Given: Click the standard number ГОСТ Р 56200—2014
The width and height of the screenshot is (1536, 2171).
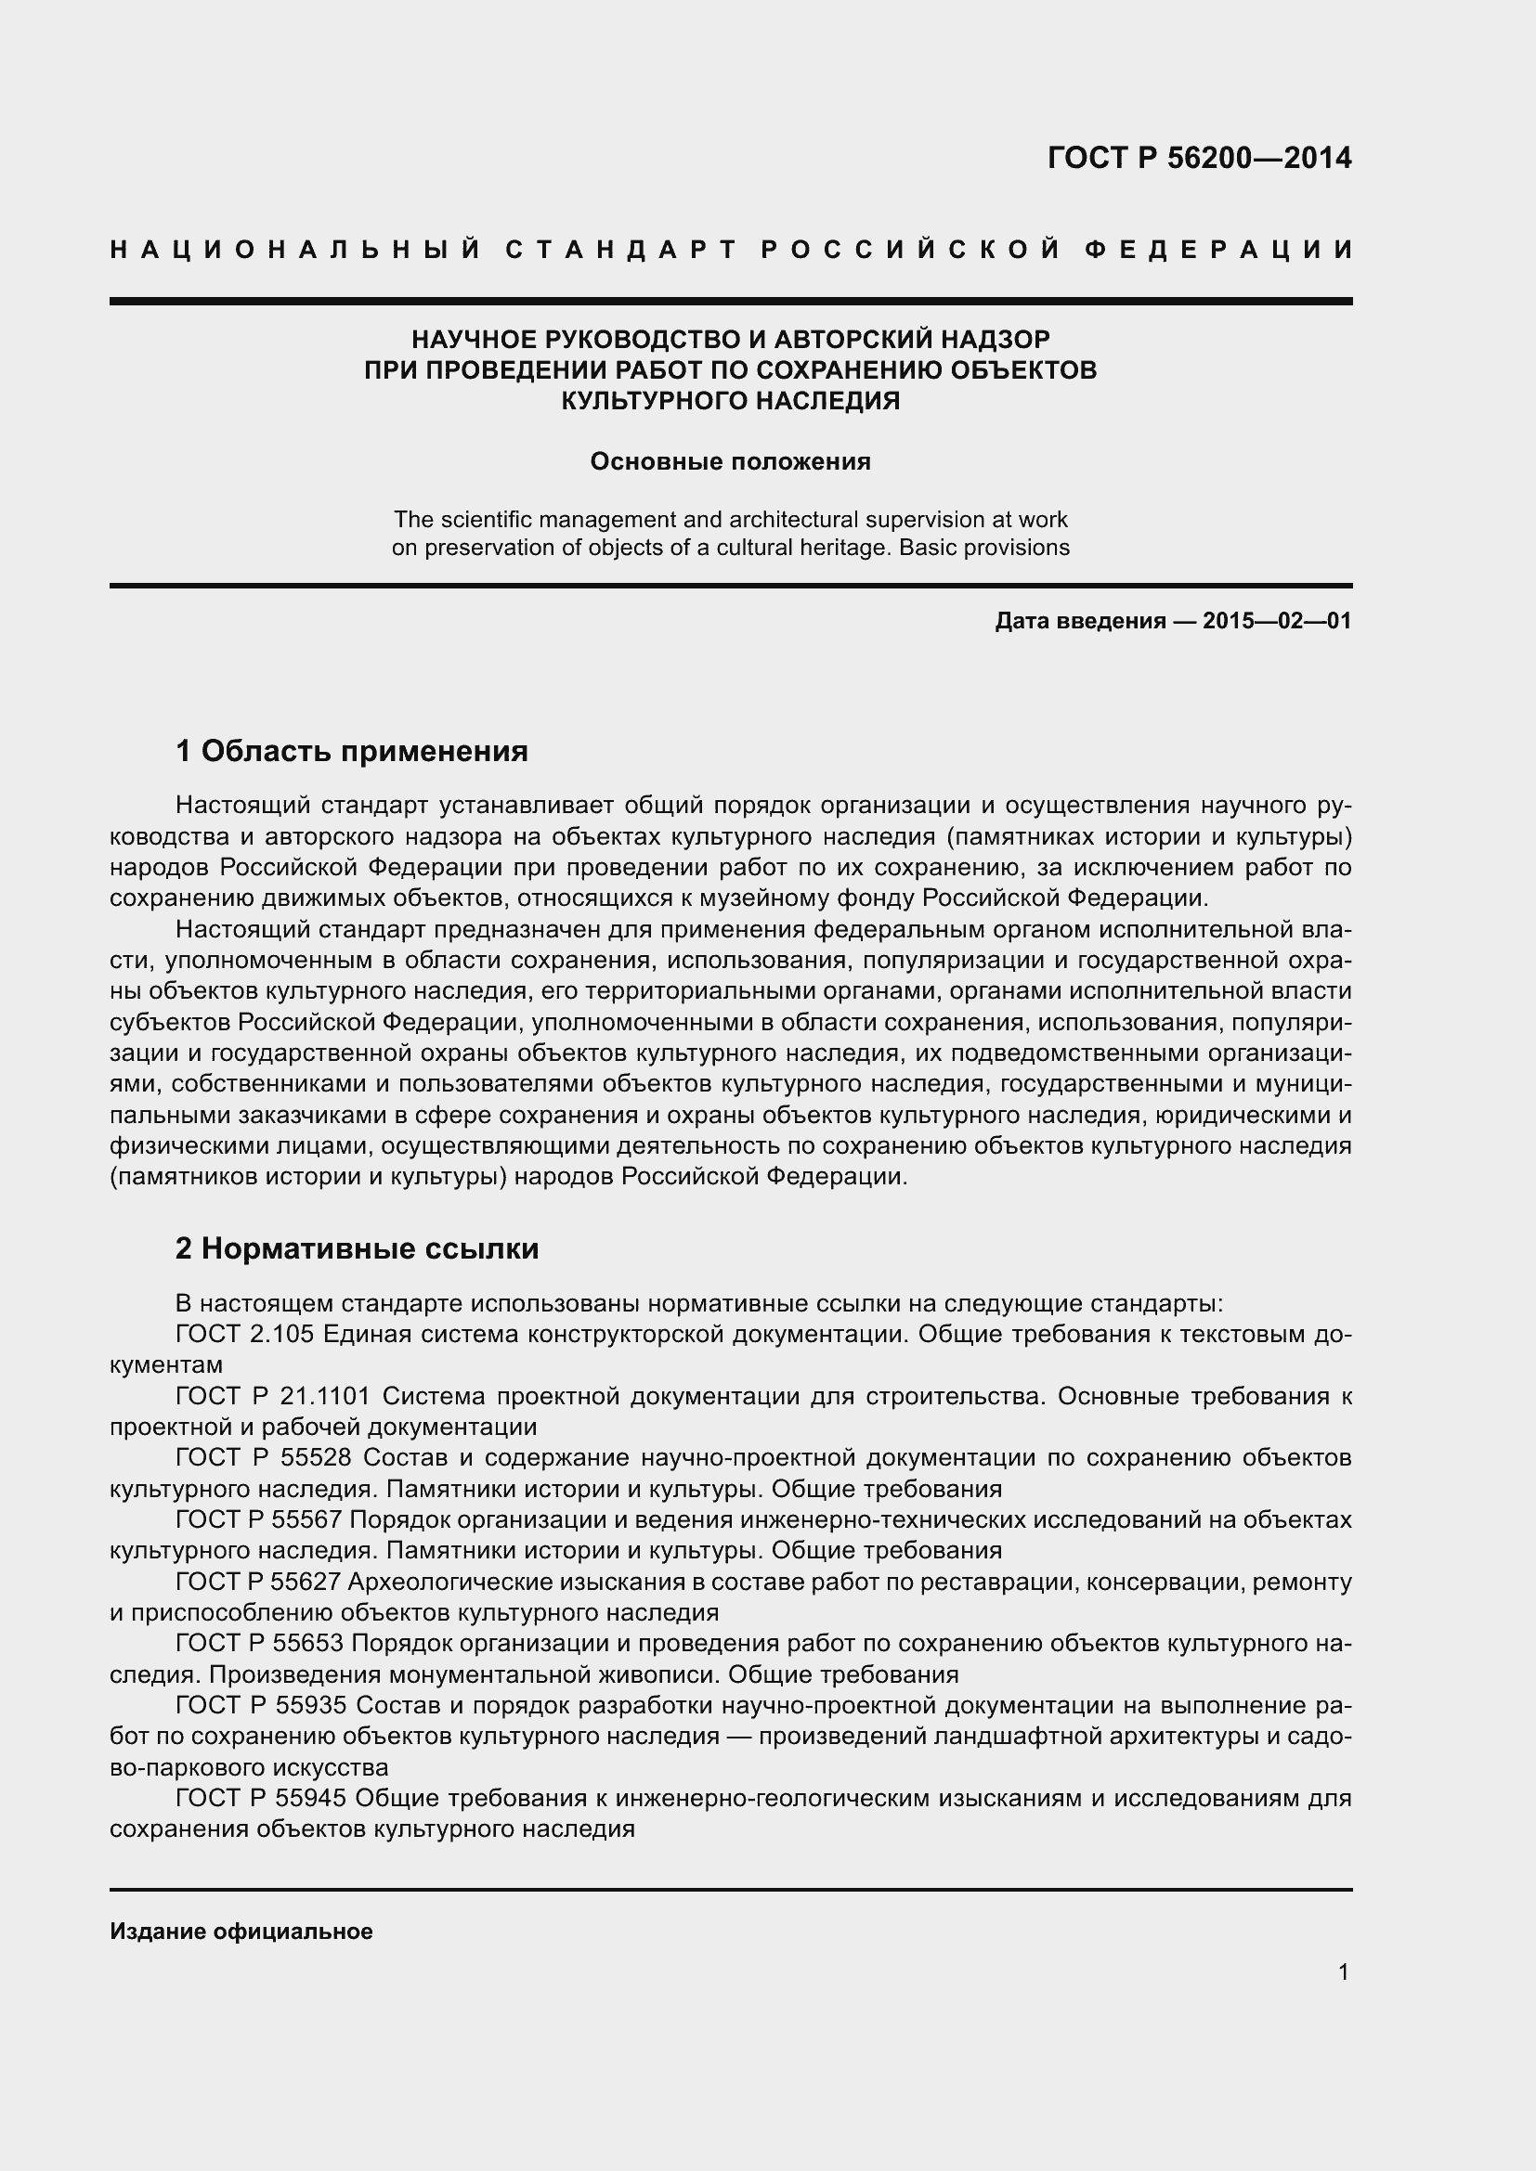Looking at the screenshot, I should [1199, 158].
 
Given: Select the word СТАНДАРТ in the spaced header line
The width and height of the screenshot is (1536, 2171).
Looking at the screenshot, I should [620, 250].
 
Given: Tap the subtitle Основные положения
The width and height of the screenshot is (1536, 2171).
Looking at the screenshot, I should [730, 461].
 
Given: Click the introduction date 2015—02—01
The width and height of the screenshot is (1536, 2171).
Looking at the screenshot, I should [1277, 621].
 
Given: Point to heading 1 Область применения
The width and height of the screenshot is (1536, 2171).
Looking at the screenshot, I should [352, 752].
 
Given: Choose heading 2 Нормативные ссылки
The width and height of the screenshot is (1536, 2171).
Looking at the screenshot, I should [358, 1249].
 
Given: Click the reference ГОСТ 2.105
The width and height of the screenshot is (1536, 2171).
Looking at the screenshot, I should [249, 1334].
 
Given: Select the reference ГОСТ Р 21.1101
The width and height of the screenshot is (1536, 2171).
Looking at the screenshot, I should [278, 1396].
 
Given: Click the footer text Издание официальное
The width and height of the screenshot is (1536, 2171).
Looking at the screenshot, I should [241, 1932].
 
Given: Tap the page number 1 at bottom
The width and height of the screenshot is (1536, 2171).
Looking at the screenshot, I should [1344, 1972].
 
